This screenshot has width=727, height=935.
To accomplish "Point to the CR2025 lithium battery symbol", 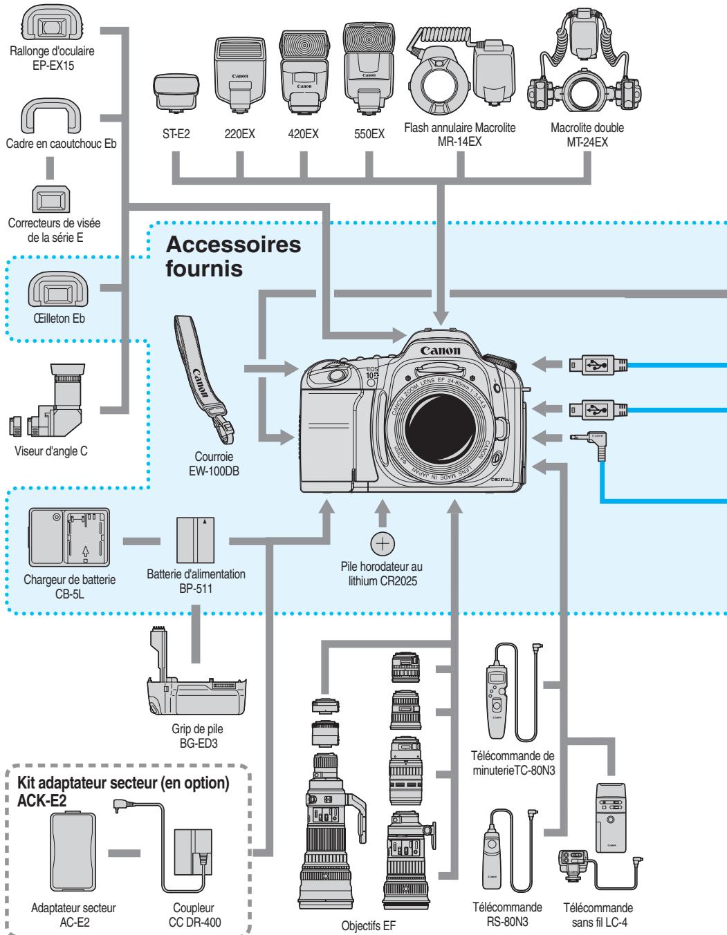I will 381,545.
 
